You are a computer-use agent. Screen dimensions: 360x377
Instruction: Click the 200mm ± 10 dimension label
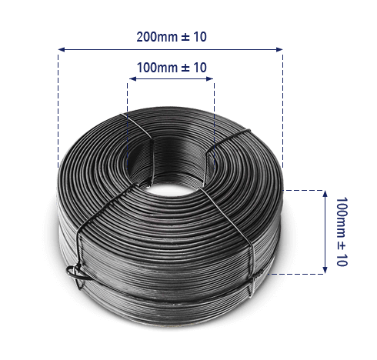pos(171,37)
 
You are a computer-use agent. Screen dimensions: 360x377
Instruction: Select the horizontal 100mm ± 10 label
pos(171,68)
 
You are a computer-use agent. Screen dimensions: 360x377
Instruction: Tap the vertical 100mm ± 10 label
pos(342,232)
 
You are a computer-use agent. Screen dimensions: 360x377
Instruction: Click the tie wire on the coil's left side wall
pos(80,246)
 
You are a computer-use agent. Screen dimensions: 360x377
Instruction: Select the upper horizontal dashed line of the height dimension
pos(304,188)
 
